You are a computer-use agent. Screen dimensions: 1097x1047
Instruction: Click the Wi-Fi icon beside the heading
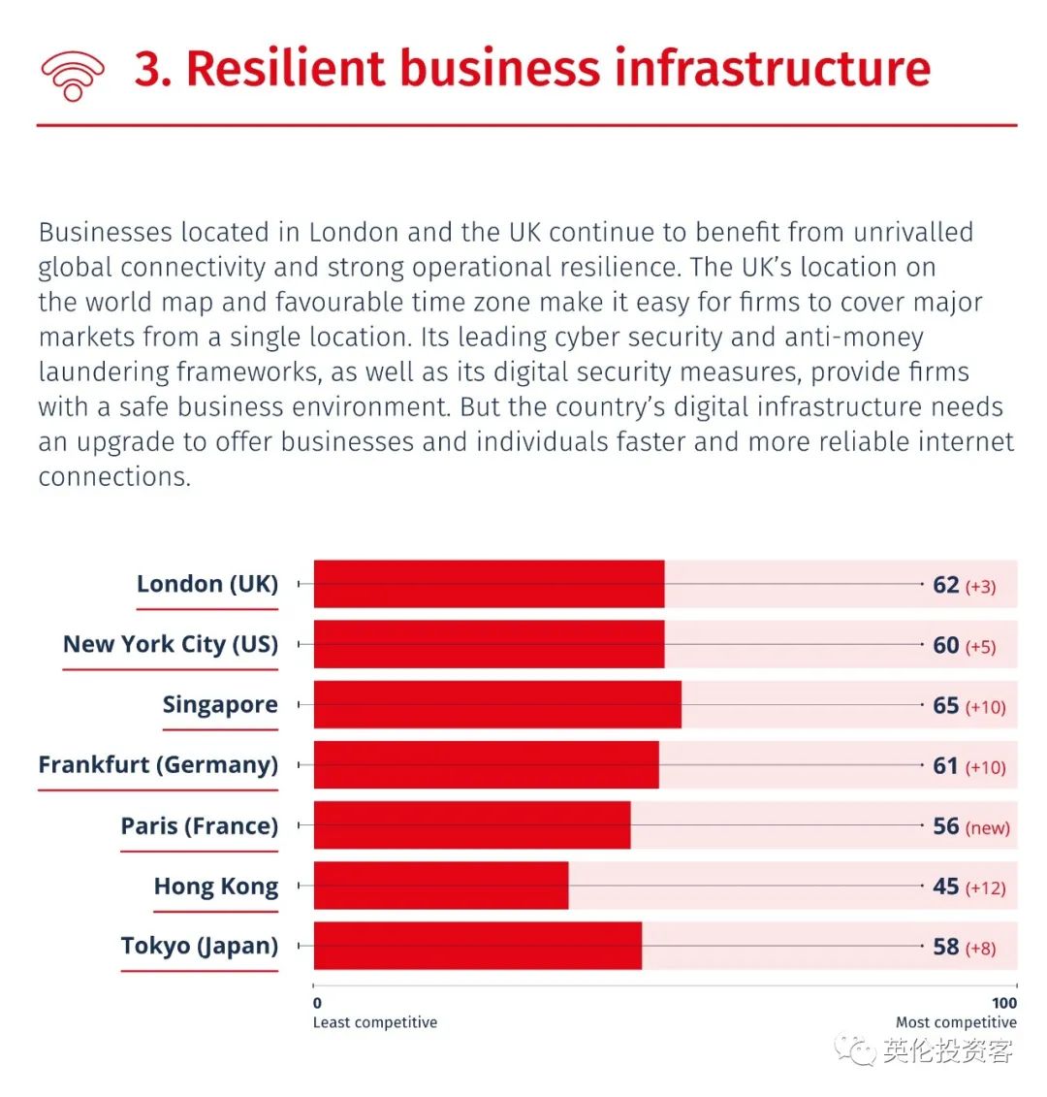coord(72,74)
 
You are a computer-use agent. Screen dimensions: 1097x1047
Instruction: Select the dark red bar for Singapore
coord(497,704)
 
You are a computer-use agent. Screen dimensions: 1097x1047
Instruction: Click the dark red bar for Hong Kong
coord(441,886)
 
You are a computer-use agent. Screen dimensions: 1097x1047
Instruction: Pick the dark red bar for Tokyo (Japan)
coord(477,946)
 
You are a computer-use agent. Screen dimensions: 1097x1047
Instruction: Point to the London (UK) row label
coord(207,584)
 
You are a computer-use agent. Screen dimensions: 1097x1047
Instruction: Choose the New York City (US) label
coord(171,644)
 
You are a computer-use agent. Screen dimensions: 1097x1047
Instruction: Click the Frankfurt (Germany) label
coord(158,764)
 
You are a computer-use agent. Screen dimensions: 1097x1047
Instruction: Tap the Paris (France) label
coord(199,825)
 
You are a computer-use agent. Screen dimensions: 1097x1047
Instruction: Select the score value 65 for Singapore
coord(945,705)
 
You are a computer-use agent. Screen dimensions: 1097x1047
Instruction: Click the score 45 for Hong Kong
coord(945,887)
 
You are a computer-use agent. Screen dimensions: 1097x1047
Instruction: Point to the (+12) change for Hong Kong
coord(985,888)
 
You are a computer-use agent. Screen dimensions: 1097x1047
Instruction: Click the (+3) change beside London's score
coord(980,587)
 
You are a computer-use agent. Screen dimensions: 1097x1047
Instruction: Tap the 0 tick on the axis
coord(317,1003)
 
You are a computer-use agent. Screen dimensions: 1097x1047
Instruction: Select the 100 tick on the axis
coord(1004,1003)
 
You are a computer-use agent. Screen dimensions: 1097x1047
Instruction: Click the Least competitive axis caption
coord(375,1022)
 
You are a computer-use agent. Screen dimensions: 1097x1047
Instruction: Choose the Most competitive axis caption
coord(956,1022)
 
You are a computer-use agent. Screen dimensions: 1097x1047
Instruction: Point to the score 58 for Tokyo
coord(945,947)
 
